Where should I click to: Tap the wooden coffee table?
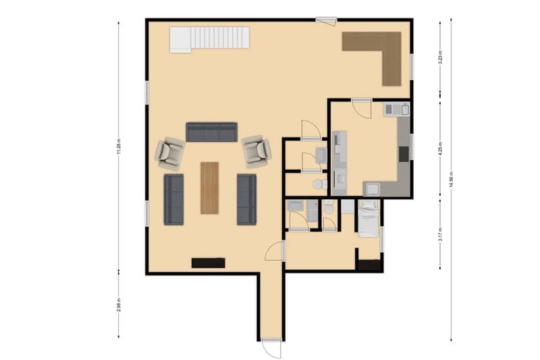click(x=210, y=188)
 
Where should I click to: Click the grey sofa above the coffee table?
click(x=211, y=132)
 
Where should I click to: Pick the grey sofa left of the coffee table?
click(x=174, y=199)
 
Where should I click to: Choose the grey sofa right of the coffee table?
click(x=246, y=199)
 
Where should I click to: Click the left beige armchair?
click(x=169, y=153)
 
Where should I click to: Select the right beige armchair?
click(x=256, y=151)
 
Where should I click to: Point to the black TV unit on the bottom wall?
click(x=208, y=263)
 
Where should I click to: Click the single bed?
click(x=369, y=218)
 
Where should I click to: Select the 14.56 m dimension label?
click(x=451, y=180)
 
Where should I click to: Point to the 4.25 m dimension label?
click(x=440, y=150)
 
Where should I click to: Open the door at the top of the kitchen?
click(x=361, y=108)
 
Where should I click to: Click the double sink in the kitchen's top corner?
click(x=396, y=109)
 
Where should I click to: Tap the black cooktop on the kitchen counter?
click(x=404, y=154)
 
